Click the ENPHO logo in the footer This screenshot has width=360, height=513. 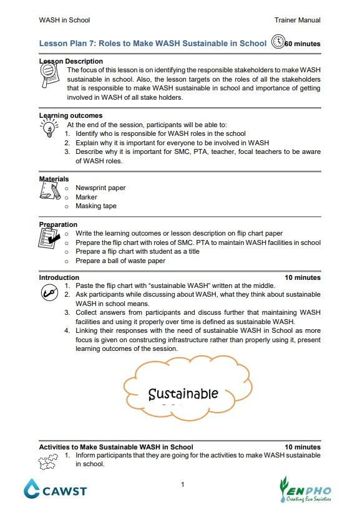[306, 489]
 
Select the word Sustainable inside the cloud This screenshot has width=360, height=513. [183, 394]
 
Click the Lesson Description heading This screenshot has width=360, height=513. [71, 61]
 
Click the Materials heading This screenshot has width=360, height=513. [54, 179]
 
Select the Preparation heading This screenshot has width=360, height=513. [58, 224]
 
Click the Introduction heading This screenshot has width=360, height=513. [59, 277]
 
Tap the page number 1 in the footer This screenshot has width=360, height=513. [182, 484]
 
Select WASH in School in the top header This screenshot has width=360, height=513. [64, 20]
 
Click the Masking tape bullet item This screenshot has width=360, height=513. [96, 206]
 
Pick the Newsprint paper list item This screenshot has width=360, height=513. [100, 188]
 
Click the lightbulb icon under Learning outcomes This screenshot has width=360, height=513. [48, 129]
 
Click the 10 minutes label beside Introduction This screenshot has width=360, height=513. [303, 277]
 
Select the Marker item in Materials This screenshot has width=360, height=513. [86, 197]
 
